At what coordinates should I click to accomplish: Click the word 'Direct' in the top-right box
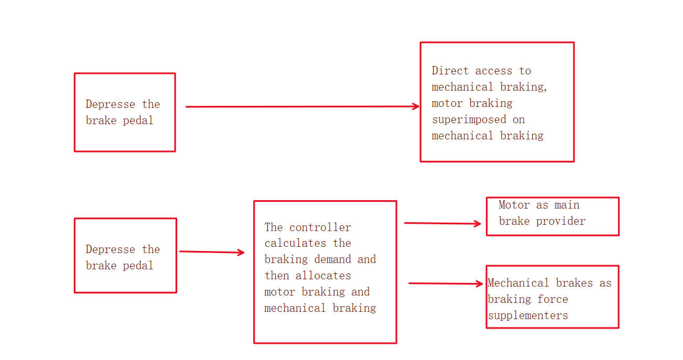click(x=450, y=71)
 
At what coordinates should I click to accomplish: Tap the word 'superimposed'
click(x=469, y=120)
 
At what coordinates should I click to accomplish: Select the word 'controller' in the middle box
click(x=320, y=227)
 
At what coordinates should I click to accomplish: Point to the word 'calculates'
click(x=295, y=243)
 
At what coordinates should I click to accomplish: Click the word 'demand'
click(x=332, y=259)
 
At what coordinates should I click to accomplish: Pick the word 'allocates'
click(x=323, y=276)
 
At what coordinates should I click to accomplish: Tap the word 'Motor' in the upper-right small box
click(x=514, y=205)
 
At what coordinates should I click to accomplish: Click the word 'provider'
click(x=561, y=221)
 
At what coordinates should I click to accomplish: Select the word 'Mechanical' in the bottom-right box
click(x=518, y=283)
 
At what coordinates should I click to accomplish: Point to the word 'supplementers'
click(x=528, y=316)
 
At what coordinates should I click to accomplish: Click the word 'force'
click(x=552, y=299)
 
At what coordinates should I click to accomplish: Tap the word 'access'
click(x=494, y=71)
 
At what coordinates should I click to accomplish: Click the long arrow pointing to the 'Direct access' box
click(x=302, y=107)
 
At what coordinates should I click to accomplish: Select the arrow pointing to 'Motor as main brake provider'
click(x=442, y=223)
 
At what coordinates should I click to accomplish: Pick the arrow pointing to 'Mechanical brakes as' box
click(x=446, y=283)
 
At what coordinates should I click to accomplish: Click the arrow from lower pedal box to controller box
click(x=212, y=252)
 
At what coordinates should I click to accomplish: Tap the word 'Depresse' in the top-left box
click(x=110, y=104)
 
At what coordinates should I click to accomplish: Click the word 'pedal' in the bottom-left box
click(x=138, y=266)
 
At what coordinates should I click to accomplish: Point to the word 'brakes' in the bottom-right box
click(x=574, y=283)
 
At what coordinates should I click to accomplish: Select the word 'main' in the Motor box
click(x=567, y=205)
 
